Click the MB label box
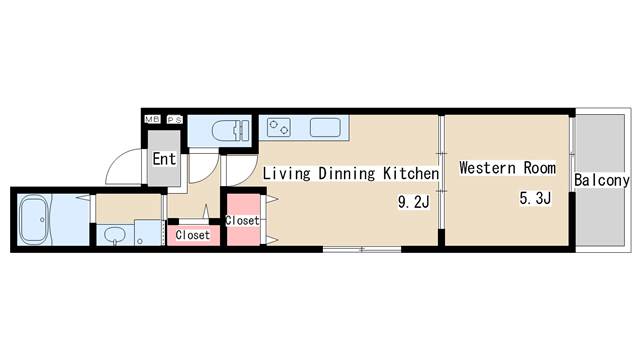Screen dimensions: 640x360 pos(153,119)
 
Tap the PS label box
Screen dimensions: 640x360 pos(175,120)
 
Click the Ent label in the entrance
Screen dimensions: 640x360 pos(164,159)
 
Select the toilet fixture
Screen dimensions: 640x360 pos(231,130)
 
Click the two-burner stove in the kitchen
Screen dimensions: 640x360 pos(279,127)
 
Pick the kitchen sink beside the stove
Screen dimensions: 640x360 pos(325,127)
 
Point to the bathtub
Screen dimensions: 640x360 pos(34,220)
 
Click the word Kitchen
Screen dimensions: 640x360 pos(411,173)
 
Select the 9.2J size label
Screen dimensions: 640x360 pos(414,202)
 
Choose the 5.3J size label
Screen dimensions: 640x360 pos(535,198)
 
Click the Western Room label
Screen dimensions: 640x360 pos(507,168)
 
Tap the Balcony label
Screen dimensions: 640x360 pos(602,180)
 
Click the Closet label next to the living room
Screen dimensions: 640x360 pos(242,220)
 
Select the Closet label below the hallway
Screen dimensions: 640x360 pos(193,235)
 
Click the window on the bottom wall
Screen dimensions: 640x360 pos(362,249)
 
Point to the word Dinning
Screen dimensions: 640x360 pos(347,173)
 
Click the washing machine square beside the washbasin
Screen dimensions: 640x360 pos(148,233)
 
